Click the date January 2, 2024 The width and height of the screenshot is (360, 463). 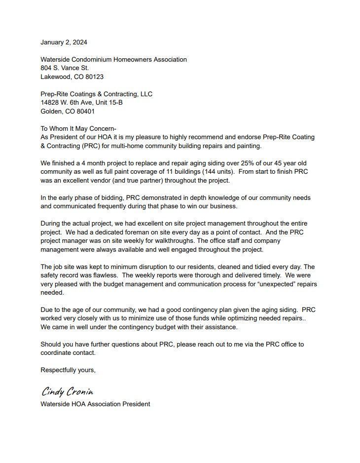[64, 42]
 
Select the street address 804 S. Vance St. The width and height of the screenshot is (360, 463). [65, 68]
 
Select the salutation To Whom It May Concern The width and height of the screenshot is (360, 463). [78, 128]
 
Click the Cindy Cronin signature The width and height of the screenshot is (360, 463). [67, 392]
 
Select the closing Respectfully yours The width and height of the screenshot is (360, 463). [68, 370]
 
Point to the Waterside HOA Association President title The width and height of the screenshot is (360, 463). [95, 404]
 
